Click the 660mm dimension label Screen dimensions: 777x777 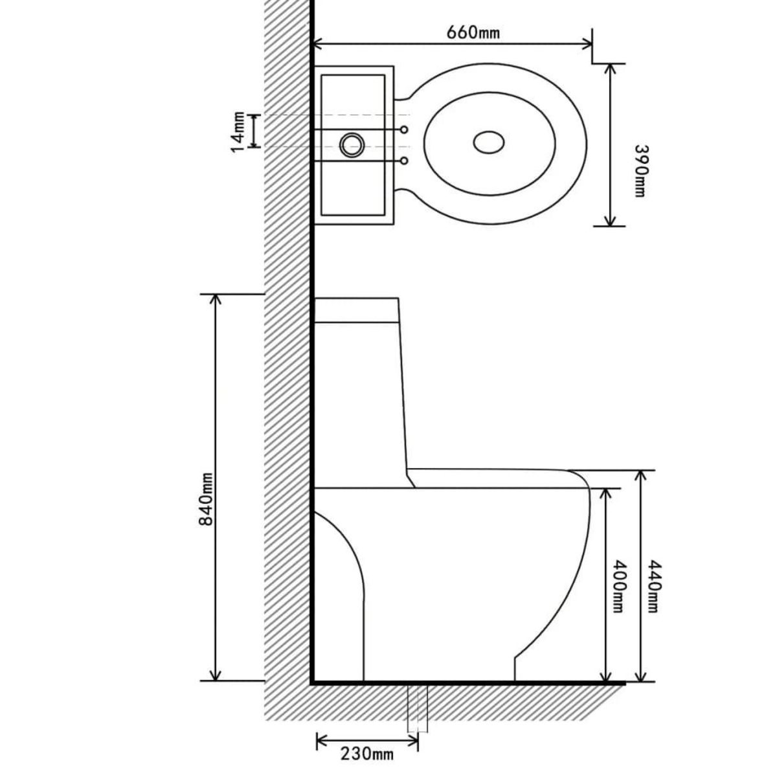(473, 32)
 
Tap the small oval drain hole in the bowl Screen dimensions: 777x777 (489, 142)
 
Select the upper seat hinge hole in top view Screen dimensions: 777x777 (404, 130)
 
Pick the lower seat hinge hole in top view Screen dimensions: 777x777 (404, 160)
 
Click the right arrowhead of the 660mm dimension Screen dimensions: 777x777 (587, 44)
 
